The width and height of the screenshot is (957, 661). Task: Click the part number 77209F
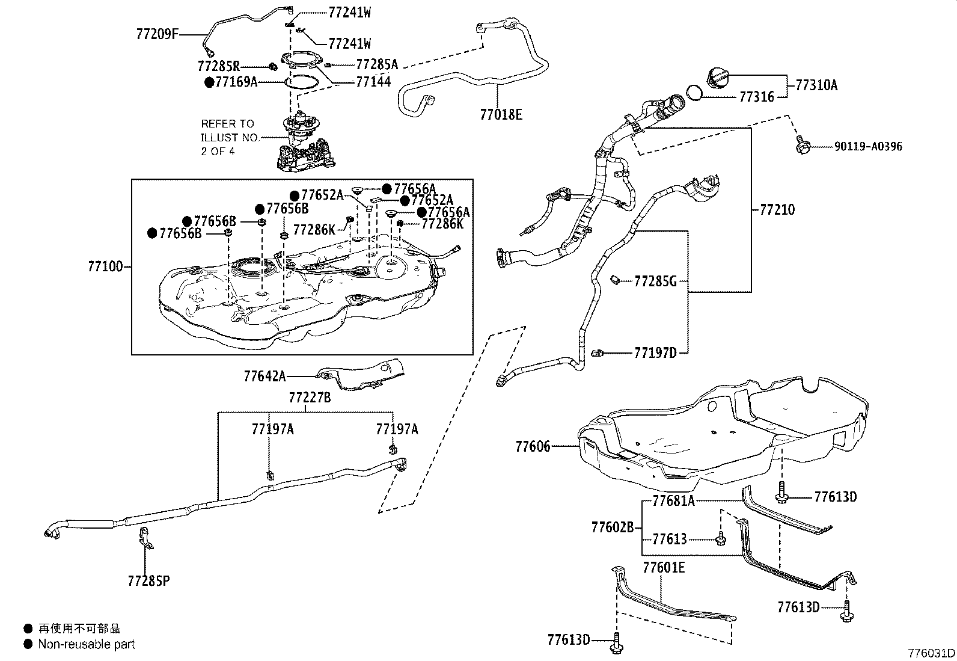pyautogui.click(x=158, y=34)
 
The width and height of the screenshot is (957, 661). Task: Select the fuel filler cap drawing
pyautogui.click(x=718, y=78)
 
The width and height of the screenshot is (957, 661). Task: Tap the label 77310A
pyautogui.click(x=816, y=85)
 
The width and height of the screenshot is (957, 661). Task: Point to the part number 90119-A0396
pyautogui.click(x=867, y=146)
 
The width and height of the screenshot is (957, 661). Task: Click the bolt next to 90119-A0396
pyautogui.click(x=802, y=145)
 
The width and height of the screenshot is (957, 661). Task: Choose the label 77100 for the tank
pyautogui.click(x=105, y=266)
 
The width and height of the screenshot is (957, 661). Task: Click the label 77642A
pyautogui.click(x=265, y=377)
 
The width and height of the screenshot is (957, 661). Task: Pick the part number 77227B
pyautogui.click(x=310, y=398)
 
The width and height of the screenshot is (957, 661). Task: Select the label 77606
pyautogui.click(x=533, y=446)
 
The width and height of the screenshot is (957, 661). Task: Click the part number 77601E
pyautogui.click(x=664, y=567)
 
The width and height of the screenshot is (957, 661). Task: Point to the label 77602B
pyautogui.click(x=613, y=527)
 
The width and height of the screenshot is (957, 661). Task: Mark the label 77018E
pyautogui.click(x=501, y=114)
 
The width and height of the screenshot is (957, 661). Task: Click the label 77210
pyautogui.click(x=777, y=210)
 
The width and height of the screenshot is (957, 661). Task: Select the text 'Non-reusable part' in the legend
pyautogui.click(x=87, y=644)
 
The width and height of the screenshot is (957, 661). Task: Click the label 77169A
pyautogui.click(x=236, y=82)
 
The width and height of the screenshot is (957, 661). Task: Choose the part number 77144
pyautogui.click(x=373, y=82)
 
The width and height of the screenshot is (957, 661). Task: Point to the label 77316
pyautogui.click(x=756, y=97)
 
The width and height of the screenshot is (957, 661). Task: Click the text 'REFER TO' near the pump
pyautogui.click(x=227, y=124)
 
